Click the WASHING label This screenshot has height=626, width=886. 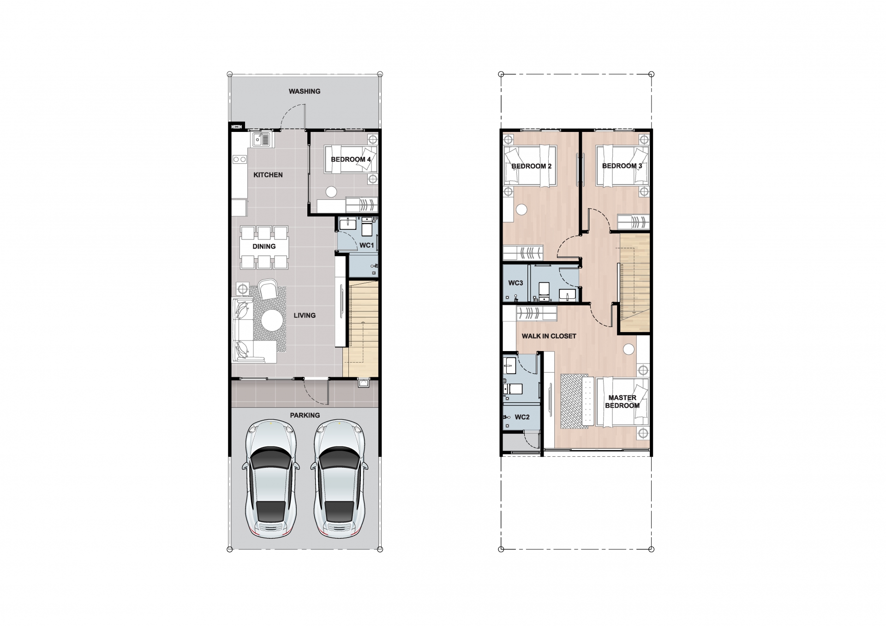(x=305, y=91)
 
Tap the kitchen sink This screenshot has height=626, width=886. (x=261, y=139)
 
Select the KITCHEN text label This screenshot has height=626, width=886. (x=268, y=175)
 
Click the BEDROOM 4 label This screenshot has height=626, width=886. (x=351, y=160)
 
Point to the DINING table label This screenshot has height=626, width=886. (x=264, y=246)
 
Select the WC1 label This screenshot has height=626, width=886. (x=367, y=245)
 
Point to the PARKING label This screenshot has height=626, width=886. (x=305, y=415)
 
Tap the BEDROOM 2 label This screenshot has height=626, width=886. (x=532, y=166)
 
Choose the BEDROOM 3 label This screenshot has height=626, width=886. (x=622, y=166)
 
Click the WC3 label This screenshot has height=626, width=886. (x=516, y=283)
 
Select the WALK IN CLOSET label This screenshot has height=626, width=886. (x=549, y=336)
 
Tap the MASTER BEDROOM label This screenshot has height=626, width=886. (x=622, y=401)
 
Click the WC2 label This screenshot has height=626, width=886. (x=522, y=417)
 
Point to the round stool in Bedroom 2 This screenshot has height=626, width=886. (x=521, y=209)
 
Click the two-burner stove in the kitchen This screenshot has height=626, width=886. (x=239, y=159)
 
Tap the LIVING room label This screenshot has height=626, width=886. (x=305, y=316)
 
